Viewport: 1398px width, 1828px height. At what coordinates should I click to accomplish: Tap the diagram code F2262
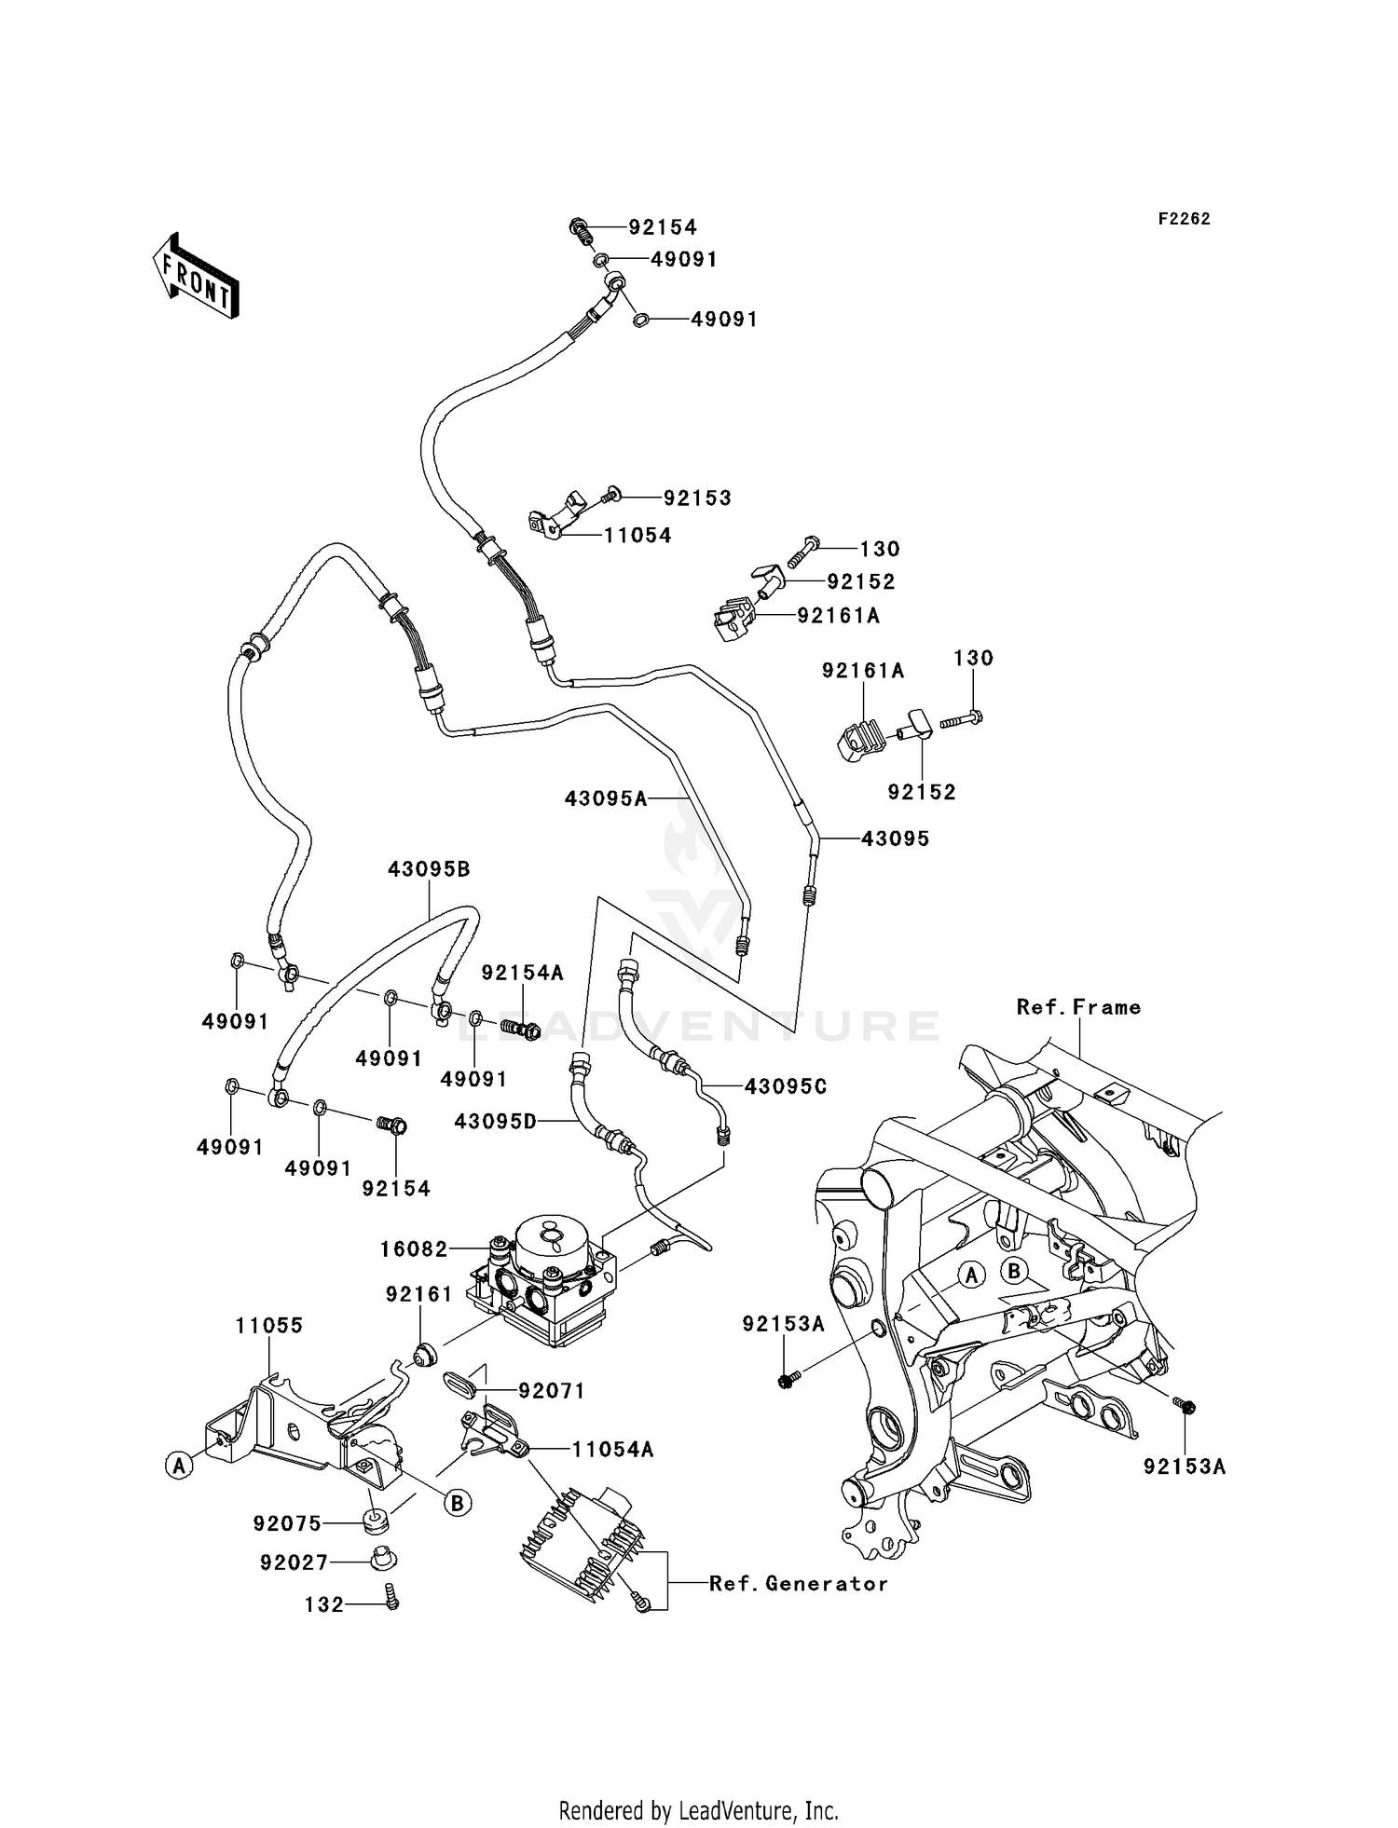1184,219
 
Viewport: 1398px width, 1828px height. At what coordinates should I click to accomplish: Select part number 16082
414,1248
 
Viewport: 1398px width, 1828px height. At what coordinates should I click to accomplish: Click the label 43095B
429,869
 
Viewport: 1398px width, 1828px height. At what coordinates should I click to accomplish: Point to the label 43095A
605,798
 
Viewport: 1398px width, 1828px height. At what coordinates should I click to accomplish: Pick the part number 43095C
785,1086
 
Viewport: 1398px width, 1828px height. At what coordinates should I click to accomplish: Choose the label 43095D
496,1122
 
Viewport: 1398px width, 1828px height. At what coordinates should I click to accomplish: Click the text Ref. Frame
1078,1007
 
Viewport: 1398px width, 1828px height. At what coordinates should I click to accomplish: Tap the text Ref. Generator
798,1584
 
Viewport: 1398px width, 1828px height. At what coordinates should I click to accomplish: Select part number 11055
268,1325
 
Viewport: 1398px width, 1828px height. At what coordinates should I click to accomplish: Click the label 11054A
612,1450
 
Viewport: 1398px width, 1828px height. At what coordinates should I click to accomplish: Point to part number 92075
287,1523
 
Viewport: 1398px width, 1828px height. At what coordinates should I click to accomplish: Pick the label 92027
294,1562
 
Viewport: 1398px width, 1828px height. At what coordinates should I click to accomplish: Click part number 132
324,1604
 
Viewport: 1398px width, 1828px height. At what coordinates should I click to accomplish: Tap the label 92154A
522,973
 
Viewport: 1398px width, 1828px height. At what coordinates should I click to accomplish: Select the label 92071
552,1391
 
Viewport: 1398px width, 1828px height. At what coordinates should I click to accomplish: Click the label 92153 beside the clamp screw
697,498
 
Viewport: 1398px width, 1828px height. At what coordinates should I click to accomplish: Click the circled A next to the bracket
178,1466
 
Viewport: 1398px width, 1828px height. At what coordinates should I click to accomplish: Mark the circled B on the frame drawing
1014,1271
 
